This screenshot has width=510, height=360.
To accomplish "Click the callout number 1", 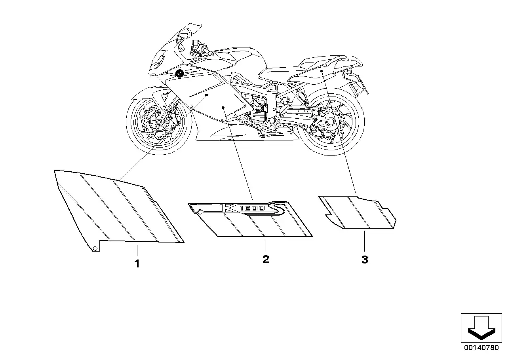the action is click(137, 263).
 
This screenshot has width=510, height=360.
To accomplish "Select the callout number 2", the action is click(266, 259).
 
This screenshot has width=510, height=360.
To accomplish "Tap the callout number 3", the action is click(365, 259).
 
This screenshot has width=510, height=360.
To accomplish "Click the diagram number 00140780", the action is click(481, 347).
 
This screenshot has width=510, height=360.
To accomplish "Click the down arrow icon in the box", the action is click(481, 328).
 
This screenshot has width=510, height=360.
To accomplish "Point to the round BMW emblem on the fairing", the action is click(179, 74).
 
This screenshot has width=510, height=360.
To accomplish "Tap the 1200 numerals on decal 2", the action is click(252, 208).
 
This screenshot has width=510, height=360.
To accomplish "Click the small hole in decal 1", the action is click(95, 248).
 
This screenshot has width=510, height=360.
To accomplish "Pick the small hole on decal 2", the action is click(200, 212).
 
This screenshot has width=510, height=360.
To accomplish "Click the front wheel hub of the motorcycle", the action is click(159, 122).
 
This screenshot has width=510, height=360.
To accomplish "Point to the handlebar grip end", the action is click(211, 54).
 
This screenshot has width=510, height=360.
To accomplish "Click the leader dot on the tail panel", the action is click(322, 71).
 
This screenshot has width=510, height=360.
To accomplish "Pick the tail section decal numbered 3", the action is click(358, 212).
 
